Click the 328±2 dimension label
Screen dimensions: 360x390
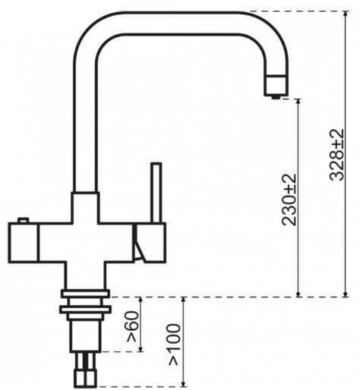coord(336,155)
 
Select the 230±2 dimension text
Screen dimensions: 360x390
coord(289,200)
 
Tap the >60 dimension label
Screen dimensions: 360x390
coord(133,326)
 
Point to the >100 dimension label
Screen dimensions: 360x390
coord(175,344)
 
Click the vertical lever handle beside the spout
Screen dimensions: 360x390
coord(156,193)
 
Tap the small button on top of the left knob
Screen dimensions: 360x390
coord(24,220)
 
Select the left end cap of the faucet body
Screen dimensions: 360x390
coord(24,243)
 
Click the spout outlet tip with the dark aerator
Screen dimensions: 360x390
coord(276,86)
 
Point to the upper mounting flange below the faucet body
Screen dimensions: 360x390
coord(85,294)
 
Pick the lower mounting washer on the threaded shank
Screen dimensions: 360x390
coord(85,310)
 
